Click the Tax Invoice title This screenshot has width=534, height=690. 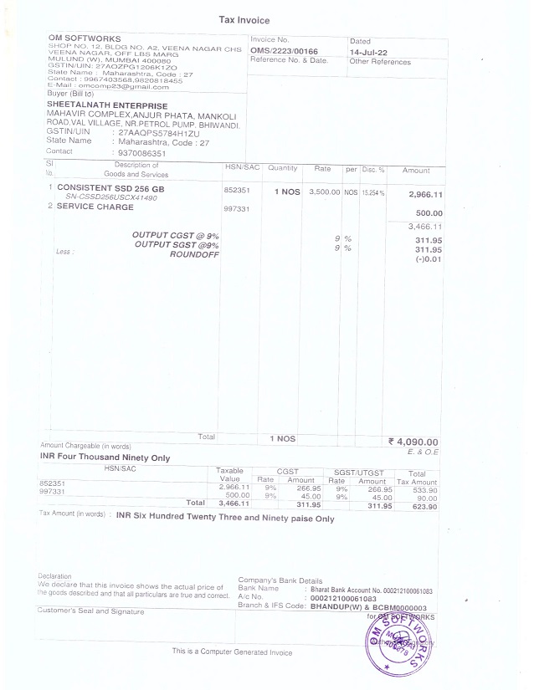(x=244, y=20)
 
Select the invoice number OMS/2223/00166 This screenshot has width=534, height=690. (x=284, y=52)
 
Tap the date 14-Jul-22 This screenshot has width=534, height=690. (x=369, y=52)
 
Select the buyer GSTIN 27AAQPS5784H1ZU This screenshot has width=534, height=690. (x=160, y=132)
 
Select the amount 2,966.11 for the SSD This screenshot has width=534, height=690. (x=425, y=194)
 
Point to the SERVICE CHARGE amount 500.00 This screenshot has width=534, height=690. (x=429, y=213)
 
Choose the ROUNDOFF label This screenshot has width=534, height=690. (x=194, y=253)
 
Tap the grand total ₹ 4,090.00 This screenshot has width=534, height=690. (x=413, y=442)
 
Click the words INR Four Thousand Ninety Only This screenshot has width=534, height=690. (x=105, y=458)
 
